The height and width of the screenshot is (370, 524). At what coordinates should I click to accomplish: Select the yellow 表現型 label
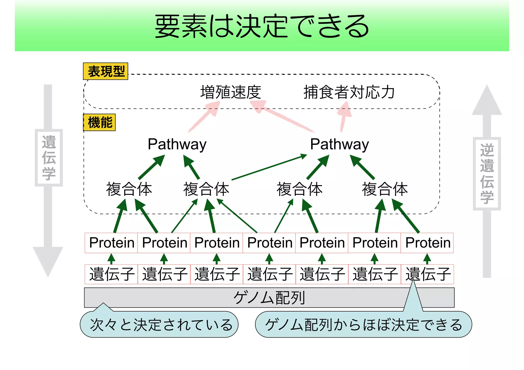106,72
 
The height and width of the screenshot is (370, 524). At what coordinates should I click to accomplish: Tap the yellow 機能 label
100,122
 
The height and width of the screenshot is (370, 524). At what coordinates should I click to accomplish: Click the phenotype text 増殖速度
231,92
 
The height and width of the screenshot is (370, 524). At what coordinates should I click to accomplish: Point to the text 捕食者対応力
349,92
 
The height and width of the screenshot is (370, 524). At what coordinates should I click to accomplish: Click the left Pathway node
177,144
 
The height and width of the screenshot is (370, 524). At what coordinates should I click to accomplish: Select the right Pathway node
340,144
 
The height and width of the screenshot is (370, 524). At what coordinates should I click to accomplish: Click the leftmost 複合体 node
129,189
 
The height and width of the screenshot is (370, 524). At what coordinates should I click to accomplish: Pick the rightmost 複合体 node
385,189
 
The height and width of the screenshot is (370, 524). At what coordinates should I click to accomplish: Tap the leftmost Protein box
112,243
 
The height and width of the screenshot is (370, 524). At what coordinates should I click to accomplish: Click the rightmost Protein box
428,243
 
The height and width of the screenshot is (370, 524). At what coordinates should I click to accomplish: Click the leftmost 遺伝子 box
112,274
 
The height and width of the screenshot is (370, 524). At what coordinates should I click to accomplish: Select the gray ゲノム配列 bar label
269,298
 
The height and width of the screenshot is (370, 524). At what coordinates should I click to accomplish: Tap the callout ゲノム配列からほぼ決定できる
363,325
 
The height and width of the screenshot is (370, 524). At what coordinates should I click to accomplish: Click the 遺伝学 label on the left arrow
49,158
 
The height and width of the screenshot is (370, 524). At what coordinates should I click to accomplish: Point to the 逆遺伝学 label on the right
487,174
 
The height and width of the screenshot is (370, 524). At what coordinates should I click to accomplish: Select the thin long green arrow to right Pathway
269,167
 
